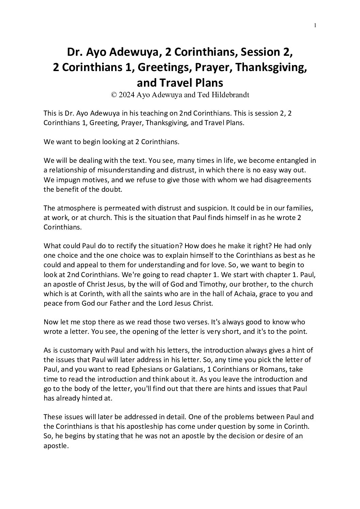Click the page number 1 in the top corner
(x=315, y=25)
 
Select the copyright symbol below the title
(x=114, y=95)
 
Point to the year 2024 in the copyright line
(x=127, y=95)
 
